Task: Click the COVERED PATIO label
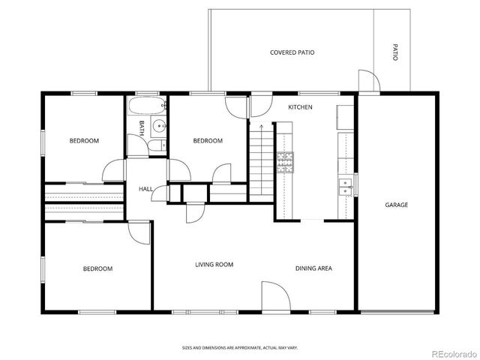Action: (x=292, y=52)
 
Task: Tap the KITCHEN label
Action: (x=300, y=107)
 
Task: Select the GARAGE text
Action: (x=396, y=205)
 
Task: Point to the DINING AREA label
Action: (x=313, y=268)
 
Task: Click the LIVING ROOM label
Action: (x=214, y=264)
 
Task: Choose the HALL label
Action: (x=145, y=188)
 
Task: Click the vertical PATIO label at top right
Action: (x=394, y=52)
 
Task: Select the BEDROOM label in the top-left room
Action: (x=84, y=141)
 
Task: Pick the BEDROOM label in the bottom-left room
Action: (x=97, y=268)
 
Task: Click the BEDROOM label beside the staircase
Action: (x=208, y=141)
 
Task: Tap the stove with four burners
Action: (x=285, y=161)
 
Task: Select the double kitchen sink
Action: (x=346, y=186)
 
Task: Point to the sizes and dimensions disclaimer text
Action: (x=239, y=347)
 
